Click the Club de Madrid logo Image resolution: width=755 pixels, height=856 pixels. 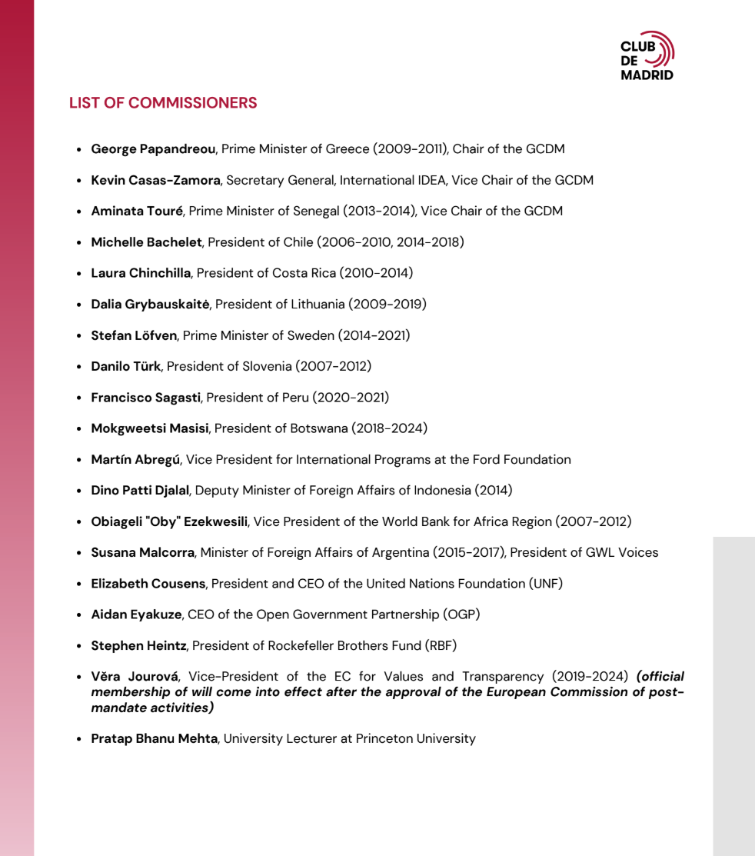[x=647, y=56]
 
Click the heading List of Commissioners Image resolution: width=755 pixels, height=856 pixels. [x=163, y=103]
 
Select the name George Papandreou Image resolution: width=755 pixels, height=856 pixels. [x=153, y=149]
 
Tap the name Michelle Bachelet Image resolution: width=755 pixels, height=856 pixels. [x=146, y=242]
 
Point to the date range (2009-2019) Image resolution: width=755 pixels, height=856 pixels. [x=387, y=305]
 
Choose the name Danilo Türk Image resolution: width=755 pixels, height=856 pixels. [x=125, y=367]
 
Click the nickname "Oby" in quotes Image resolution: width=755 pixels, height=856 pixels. [x=166, y=521]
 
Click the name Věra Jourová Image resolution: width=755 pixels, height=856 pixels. [x=135, y=677]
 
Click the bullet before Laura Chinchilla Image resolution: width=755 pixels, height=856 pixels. [x=79, y=274]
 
